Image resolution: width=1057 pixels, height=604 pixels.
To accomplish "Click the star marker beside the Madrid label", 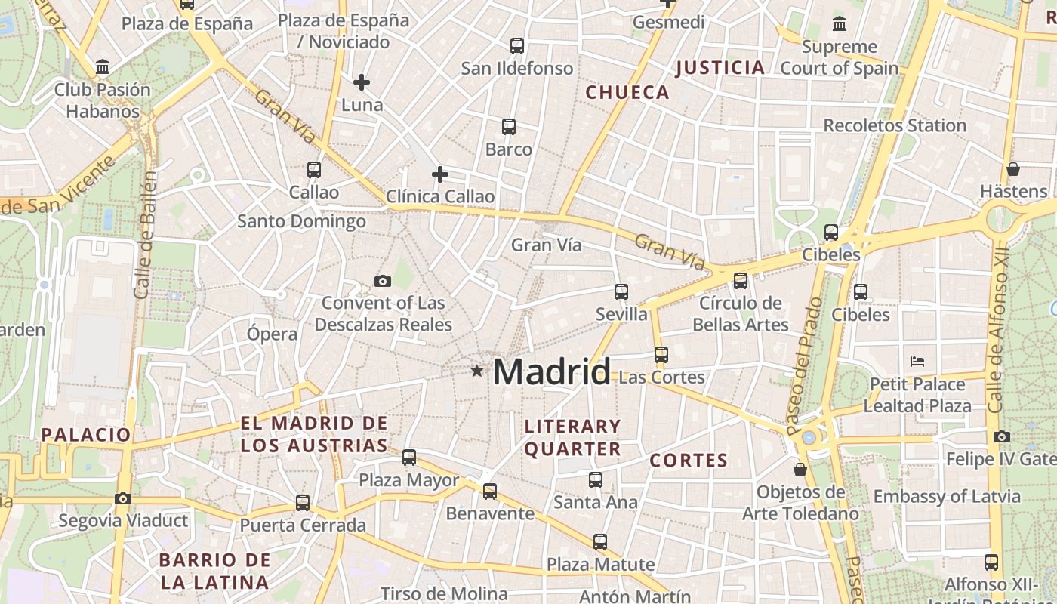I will pyautogui.click(x=476, y=371).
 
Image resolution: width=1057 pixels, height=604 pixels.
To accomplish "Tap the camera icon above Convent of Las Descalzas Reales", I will pyautogui.click(x=383, y=282).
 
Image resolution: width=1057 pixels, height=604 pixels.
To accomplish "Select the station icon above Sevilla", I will pyautogui.click(x=621, y=291).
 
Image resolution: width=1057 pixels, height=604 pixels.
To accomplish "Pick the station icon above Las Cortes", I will pyautogui.click(x=661, y=354).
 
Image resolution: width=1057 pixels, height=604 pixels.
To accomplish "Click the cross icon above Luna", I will pyautogui.click(x=362, y=82).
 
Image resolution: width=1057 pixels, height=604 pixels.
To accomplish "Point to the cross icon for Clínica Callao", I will pyautogui.click(x=440, y=174).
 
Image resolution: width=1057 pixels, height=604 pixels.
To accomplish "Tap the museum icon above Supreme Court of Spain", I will pyautogui.click(x=840, y=24).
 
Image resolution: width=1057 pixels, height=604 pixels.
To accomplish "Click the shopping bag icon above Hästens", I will pyautogui.click(x=1013, y=169).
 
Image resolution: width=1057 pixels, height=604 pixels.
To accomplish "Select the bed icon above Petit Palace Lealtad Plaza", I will pyautogui.click(x=917, y=361).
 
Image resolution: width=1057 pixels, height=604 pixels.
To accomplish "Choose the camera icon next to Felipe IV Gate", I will pyautogui.click(x=1002, y=436).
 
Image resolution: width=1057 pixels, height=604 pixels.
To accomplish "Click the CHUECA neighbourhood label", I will pyautogui.click(x=627, y=92).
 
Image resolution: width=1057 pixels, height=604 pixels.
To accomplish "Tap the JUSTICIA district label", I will pyautogui.click(x=720, y=68).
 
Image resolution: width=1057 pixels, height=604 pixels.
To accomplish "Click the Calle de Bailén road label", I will pyautogui.click(x=146, y=234).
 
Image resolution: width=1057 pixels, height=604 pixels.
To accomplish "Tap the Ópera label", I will pyautogui.click(x=273, y=333).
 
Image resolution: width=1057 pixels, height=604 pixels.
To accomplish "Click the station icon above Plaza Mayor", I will pyautogui.click(x=409, y=457).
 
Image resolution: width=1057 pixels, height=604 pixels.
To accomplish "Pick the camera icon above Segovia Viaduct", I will pyautogui.click(x=123, y=498).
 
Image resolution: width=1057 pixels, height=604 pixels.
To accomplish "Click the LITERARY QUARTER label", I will pyautogui.click(x=572, y=438).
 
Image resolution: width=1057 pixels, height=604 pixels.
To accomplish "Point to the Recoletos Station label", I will pyautogui.click(x=895, y=125).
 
